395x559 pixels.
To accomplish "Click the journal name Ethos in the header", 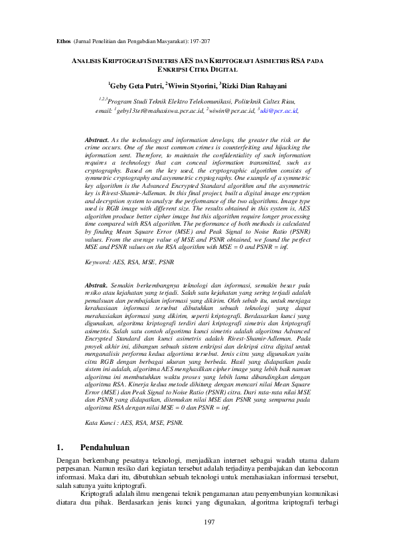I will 60,40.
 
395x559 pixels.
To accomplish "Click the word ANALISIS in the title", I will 89,60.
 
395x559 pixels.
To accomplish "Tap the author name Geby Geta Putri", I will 135,86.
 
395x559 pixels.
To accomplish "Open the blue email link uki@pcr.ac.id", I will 279,111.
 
